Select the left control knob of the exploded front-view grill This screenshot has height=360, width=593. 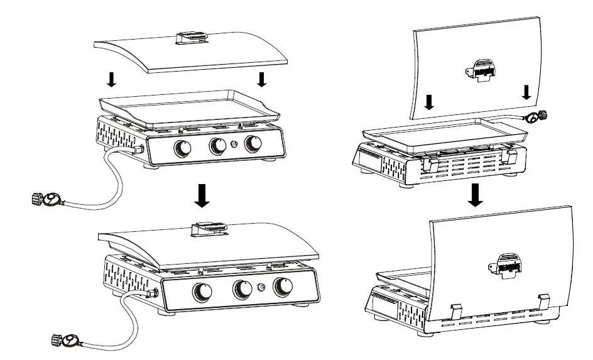[x=183, y=148]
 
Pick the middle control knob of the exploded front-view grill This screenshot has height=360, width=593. [x=218, y=146]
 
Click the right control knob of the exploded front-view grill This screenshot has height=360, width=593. [x=253, y=144]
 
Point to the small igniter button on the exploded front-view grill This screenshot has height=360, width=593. [x=235, y=145]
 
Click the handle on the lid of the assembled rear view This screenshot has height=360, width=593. [x=505, y=263]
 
